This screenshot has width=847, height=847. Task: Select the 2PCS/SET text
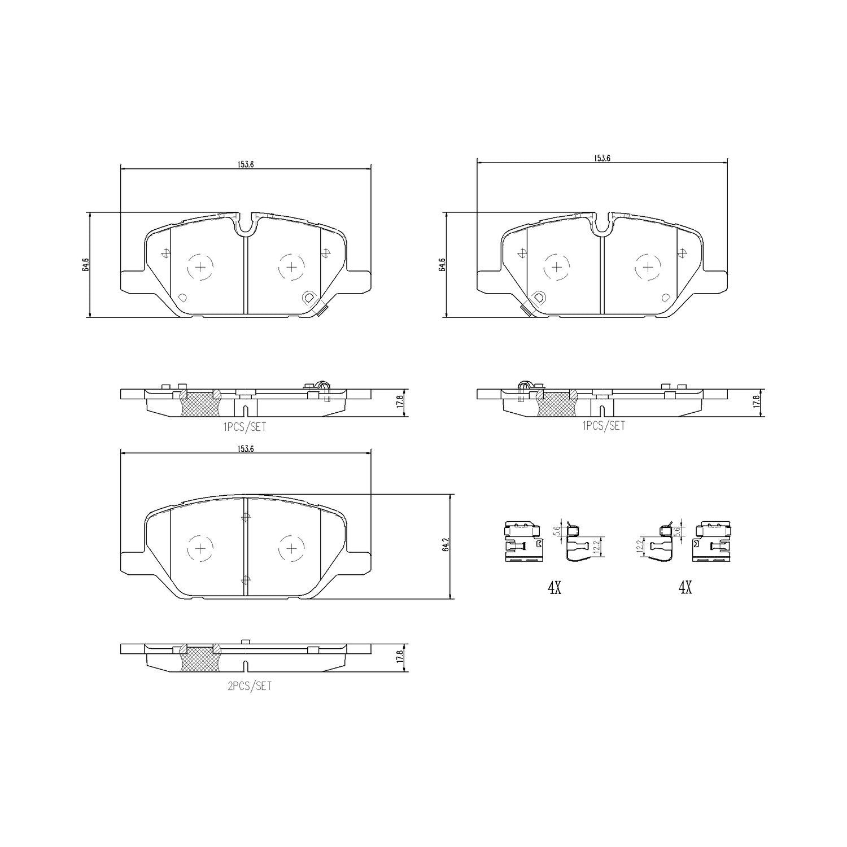tap(248, 687)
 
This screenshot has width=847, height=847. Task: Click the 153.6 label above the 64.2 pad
tap(245, 449)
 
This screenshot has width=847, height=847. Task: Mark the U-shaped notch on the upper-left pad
tap(246, 225)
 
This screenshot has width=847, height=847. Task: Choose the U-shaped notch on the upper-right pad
tap(602, 225)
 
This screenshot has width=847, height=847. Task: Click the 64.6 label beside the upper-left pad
tap(85, 264)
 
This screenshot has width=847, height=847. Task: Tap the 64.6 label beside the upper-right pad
tap(442, 264)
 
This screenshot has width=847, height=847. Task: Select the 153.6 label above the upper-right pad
tap(602, 159)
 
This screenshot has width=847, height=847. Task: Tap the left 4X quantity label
tap(554, 588)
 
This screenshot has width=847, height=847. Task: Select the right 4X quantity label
tap(685, 588)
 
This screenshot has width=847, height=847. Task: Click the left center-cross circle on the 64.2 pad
tap(200, 548)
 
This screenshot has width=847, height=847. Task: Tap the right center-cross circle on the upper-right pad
tap(648, 267)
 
